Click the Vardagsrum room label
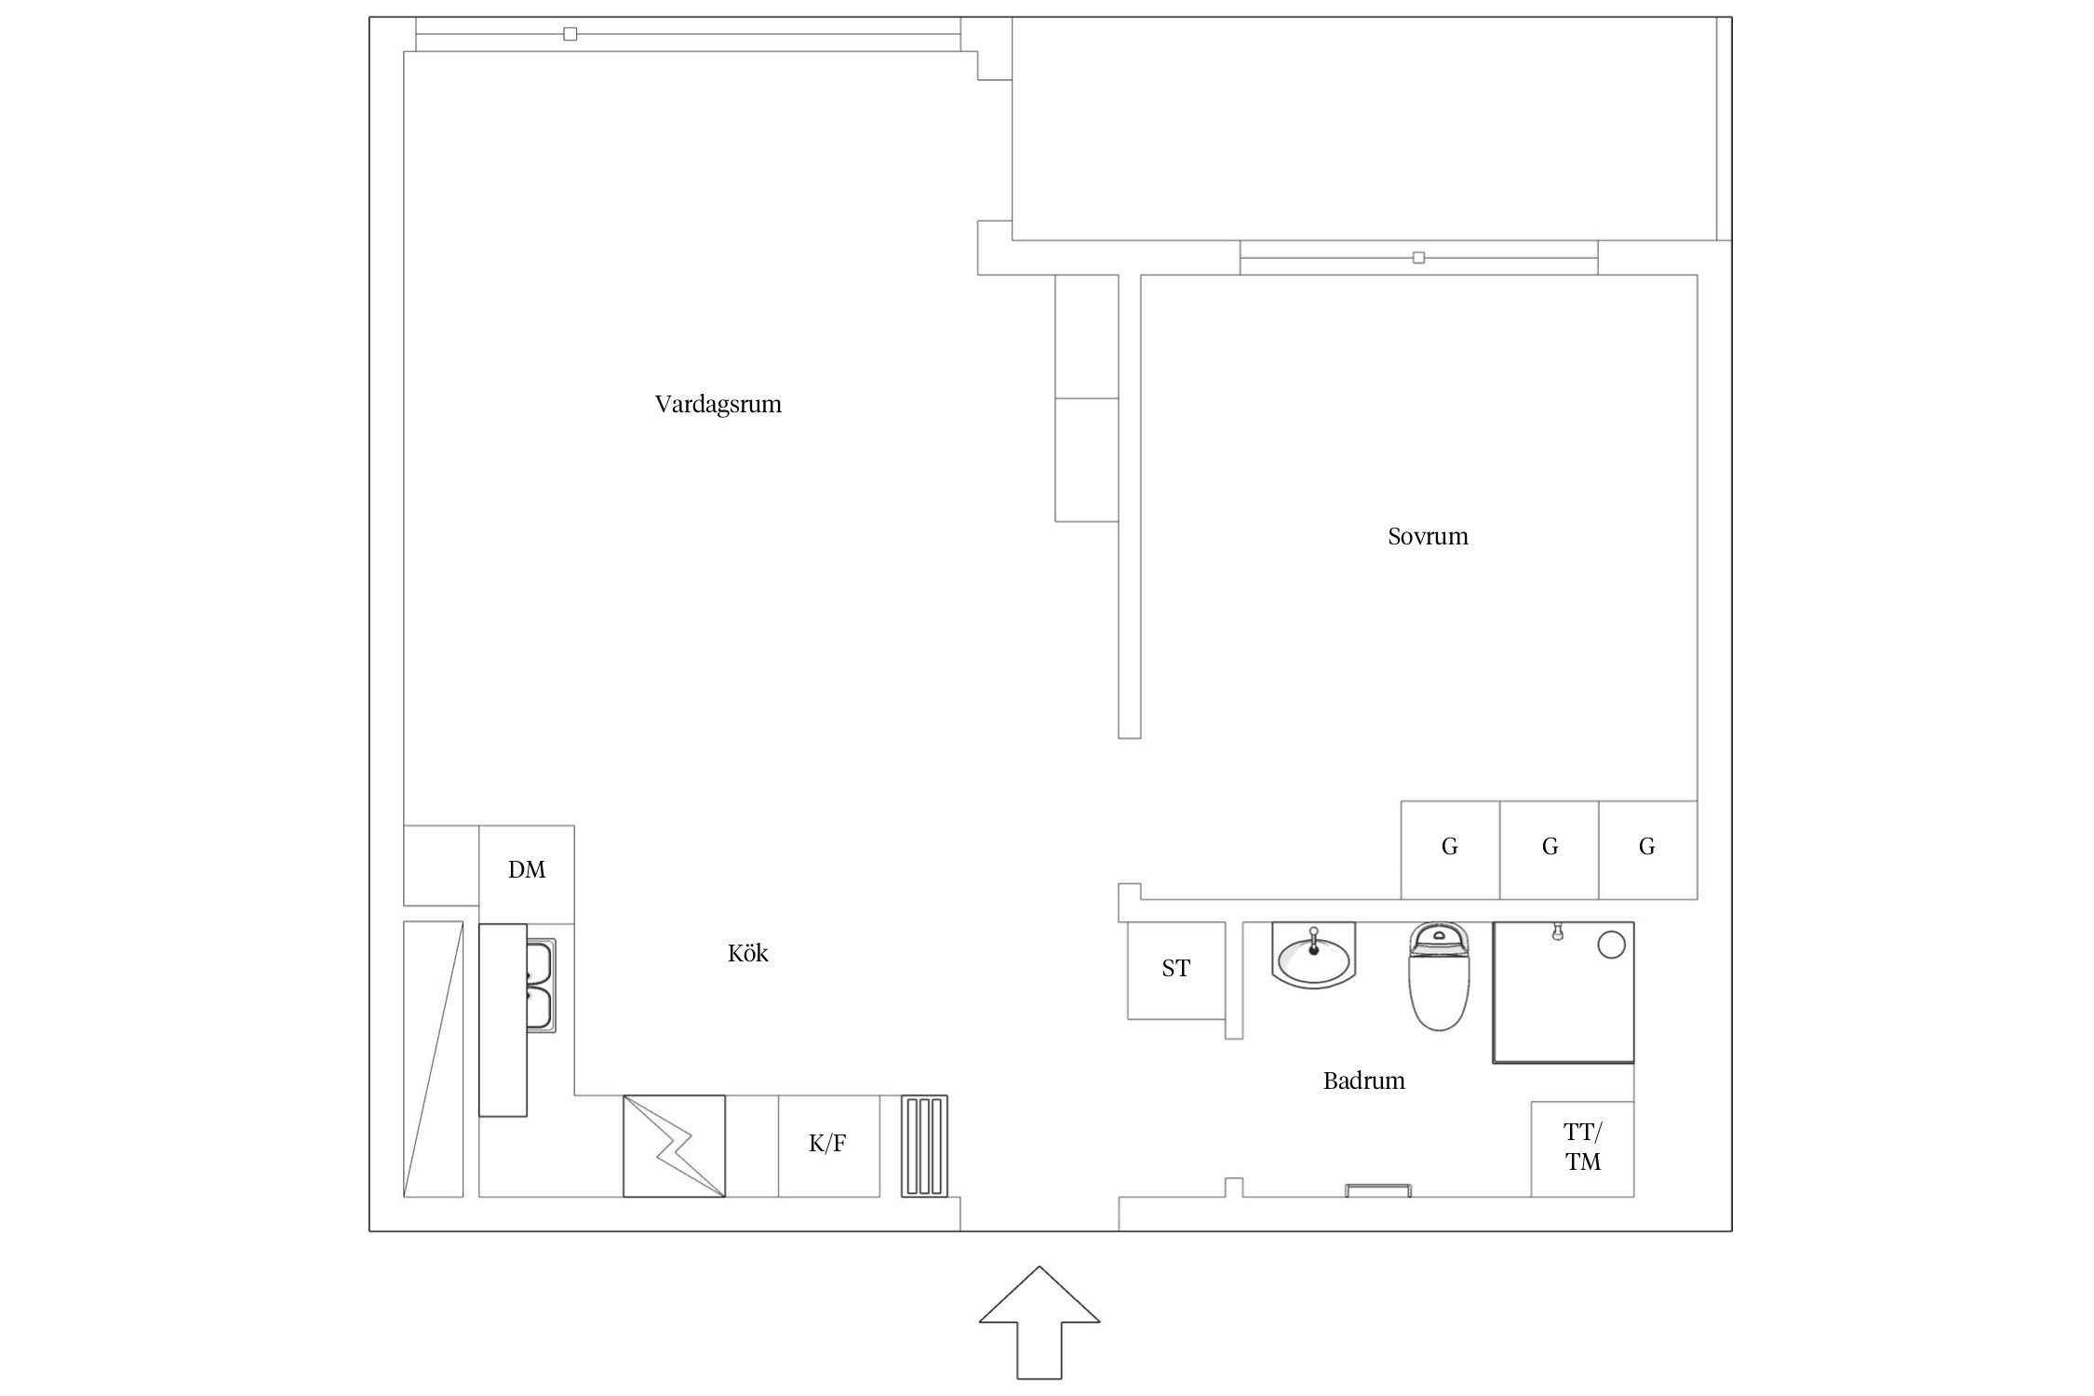click(x=718, y=405)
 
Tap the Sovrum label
click(x=1428, y=536)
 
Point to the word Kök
click(x=747, y=953)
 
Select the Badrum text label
click(x=1363, y=1081)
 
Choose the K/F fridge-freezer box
click(x=828, y=1146)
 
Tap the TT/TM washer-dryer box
click(x=1582, y=1149)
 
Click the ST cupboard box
click(x=1176, y=970)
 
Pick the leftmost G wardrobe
click(x=1450, y=850)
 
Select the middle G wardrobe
click(x=1550, y=850)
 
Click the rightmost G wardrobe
click(x=1648, y=850)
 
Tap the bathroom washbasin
click(x=1313, y=956)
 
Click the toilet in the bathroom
click(x=1439, y=976)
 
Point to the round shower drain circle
click(x=1611, y=946)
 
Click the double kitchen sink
click(x=540, y=986)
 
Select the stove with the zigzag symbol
click(x=674, y=1146)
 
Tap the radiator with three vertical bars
click(x=924, y=1146)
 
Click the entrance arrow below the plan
click(x=1039, y=1324)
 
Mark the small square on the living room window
click(x=570, y=34)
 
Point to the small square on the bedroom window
click(x=1418, y=258)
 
